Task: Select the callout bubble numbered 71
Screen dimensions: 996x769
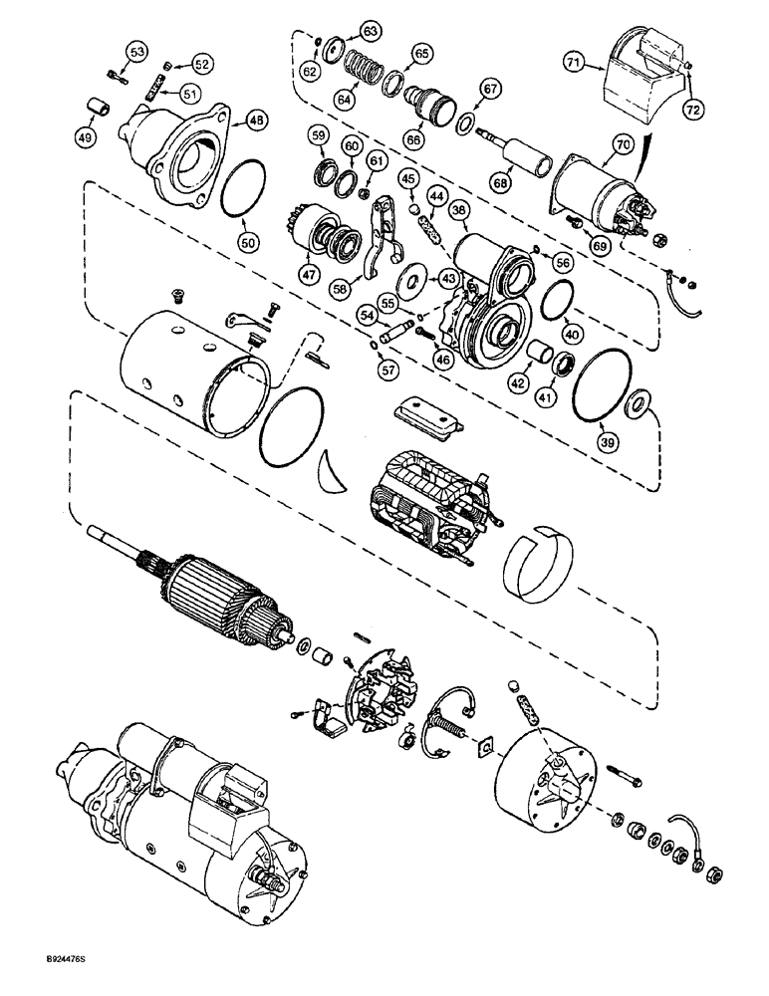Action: click(x=601, y=64)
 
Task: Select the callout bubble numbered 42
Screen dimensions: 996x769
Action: click(x=516, y=380)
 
